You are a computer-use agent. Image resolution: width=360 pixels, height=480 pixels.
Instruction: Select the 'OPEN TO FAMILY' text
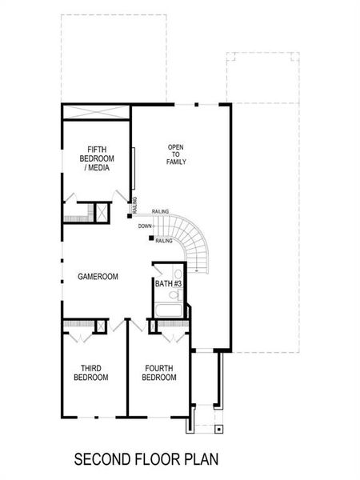tap(176, 154)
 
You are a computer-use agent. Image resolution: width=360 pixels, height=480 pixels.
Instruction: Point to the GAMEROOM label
tap(98, 277)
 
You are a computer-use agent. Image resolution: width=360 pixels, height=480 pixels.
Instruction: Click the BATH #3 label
tap(169, 284)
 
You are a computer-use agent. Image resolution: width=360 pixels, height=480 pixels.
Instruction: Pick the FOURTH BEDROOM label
tap(160, 373)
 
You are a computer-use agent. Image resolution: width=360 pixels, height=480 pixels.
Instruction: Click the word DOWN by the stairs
tap(144, 226)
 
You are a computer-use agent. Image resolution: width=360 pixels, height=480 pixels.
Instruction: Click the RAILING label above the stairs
tap(160, 212)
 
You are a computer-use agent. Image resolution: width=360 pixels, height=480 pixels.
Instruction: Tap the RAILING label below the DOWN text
tap(164, 241)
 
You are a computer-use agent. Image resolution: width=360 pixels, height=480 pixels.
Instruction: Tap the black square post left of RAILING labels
tap(129, 216)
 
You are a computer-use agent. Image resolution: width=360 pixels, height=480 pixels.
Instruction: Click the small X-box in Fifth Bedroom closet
tap(102, 212)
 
